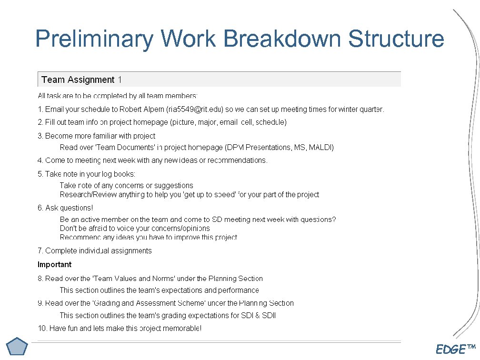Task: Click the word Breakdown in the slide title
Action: click(x=282, y=39)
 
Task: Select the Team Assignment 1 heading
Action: click(x=81, y=80)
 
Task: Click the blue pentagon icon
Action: click(x=18, y=346)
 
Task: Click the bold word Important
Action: click(x=54, y=264)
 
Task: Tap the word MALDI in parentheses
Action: click(x=320, y=147)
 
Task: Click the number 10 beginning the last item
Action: click(x=42, y=328)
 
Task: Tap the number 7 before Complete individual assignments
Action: click(x=40, y=250)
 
